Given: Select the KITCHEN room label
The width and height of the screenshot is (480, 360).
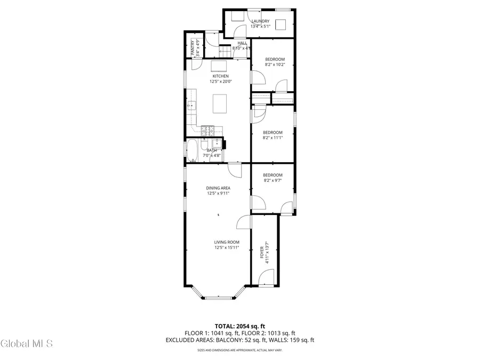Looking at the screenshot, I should coord(220,76).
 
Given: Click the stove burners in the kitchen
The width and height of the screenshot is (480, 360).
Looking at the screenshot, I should coord(207,130).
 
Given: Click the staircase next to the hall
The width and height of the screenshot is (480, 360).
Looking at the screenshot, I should coord(224,51).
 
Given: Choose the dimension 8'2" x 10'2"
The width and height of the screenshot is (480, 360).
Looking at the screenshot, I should coord(275,65).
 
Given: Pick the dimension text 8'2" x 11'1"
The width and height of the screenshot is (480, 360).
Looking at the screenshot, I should coord(273,138).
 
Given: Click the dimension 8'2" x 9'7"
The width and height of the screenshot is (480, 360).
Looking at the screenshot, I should coord(273,180).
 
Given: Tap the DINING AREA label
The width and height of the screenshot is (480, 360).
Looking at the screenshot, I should coord(218,188).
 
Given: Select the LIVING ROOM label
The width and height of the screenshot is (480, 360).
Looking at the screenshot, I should coord(227,242).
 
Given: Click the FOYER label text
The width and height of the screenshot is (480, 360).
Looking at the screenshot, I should coord(261,251).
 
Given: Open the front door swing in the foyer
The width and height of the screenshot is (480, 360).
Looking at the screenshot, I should coord(266,277).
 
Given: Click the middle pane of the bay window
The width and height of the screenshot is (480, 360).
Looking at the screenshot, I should coord(218,297).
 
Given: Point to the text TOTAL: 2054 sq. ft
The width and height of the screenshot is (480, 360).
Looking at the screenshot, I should coord(239,325).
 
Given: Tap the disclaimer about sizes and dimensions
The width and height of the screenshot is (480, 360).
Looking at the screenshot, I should coord(239,350).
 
